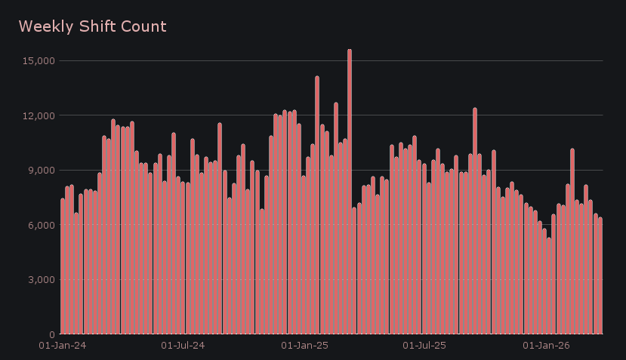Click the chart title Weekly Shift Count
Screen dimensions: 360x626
(x=92, y=26)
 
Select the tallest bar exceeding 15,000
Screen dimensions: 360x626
(x=350, y=192)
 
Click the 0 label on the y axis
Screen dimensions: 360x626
(x=51, y=334)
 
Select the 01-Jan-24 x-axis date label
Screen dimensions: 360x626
(x=62, y=346)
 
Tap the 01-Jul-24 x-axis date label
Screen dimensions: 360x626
(x=183, y=346)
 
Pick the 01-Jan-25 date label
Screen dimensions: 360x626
(x=304, y=346)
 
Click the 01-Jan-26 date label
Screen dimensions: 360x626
(x=546, y=346)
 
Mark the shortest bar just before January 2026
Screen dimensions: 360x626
(x=549, y=286)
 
